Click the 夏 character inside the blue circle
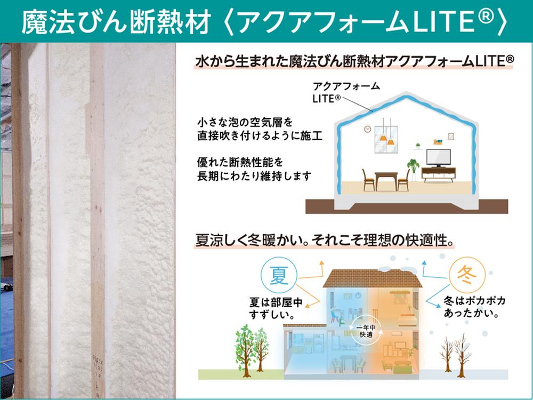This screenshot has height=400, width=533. click(x=279, y=275)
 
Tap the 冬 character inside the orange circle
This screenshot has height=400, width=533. click(x=466, y=275)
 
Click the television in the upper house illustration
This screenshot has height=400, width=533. click(x=439, y=158)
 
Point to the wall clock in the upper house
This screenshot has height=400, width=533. click(x=367, y=129)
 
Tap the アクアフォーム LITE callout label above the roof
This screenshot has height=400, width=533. click(x=346, y=92)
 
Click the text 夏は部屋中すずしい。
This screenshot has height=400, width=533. click(x=276, y=308)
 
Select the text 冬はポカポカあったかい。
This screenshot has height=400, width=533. click(x=474, y=307)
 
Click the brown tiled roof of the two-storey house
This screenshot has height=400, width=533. click(x=372, y=278)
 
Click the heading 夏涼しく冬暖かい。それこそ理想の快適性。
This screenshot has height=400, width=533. click(x=325, y=240)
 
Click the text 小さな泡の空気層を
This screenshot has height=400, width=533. click(x=245, y=122)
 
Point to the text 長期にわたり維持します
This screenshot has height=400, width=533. click(x=254, y=176)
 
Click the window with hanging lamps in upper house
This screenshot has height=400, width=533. click(x=386, y=139)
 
